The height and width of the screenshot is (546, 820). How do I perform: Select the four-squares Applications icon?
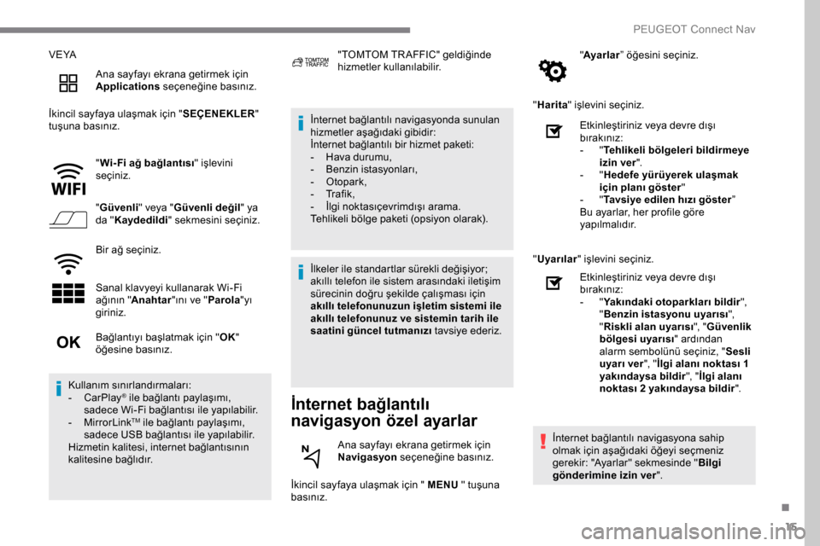(x=68, y=83)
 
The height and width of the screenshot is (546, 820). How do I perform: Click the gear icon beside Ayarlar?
(x=553, y=72)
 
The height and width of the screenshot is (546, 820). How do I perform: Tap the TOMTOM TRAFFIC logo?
(x=310, y=62)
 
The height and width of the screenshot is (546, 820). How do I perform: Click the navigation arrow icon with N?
(x=313, y=456)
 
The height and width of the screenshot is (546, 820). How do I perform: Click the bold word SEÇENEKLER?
(x=217, y=113)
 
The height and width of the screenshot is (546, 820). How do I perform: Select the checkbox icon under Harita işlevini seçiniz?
(x=553, y=132)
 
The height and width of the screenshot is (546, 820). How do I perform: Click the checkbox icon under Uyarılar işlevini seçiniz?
(x=553, y=283)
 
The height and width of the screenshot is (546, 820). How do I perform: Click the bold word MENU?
(x=442, y=485)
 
